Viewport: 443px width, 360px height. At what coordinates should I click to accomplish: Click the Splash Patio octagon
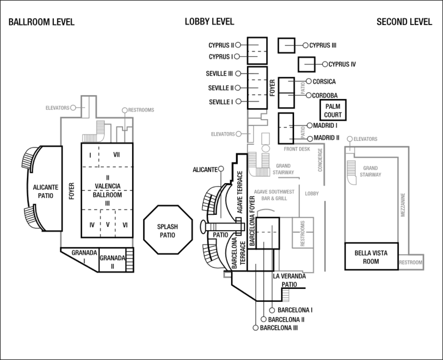coord(167,231)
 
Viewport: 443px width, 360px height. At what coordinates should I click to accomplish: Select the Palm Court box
coord(333,110)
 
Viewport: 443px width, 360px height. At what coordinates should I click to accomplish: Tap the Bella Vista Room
coord(371,257)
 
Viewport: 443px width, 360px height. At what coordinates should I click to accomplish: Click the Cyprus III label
coord(323,45)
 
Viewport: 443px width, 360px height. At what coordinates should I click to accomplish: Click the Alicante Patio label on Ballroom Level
coord(46,191)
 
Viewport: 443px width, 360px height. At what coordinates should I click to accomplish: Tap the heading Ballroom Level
coord(41,22)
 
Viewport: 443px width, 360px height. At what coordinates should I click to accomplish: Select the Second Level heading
coord(404,22)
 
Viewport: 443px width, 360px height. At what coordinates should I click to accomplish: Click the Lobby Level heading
coord(209,22)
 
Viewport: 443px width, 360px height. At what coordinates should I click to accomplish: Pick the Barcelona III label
coord(279,328)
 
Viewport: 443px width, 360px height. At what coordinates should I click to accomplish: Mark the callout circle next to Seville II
coord(238,88)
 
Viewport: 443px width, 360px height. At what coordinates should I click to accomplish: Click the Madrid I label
coord(325,126)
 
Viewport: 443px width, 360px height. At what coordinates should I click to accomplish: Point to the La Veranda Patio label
coord(289,280)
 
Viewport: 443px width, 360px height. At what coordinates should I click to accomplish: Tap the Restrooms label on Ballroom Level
coord(141,110)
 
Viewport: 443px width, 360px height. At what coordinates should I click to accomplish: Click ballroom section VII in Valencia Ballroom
coord(116,154)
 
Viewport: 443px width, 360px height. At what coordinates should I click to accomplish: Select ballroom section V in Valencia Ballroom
coord(108,224)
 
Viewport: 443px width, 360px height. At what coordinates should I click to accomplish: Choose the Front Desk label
coord(297,149)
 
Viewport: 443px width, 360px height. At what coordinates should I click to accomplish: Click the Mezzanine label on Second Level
coord(403,205)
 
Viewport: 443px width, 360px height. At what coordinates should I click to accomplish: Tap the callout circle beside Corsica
coord(308,81)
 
